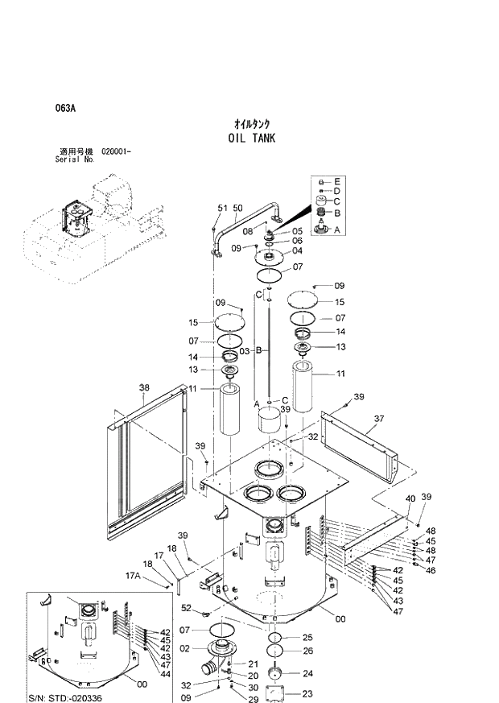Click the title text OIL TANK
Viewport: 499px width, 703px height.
click(251, 138)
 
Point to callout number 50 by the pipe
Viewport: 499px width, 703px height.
click(237, 209)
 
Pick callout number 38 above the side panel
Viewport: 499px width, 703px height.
click(144, 387)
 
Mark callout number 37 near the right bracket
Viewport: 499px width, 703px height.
click(379, 420)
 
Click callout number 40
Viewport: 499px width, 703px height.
click(410, 498)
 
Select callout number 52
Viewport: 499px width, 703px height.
click(186, 608)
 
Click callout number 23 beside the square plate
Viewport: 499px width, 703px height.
click(307, 693)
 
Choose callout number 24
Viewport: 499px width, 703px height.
click(307, 673)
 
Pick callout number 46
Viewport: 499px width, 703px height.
click(431, 570)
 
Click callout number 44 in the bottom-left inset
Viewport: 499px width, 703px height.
click(165, 673)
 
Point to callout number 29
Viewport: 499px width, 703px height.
click(254, 700)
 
